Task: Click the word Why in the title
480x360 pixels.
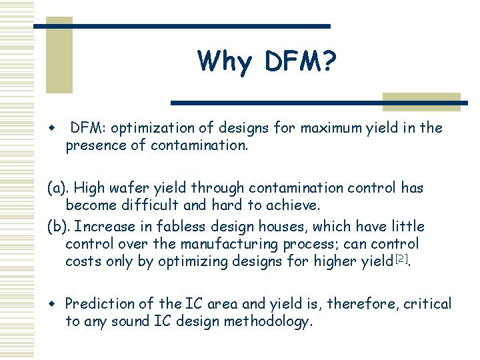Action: (x=225, y=62)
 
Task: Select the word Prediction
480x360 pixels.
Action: (x=97, y=304)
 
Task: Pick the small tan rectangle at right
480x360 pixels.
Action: (x=421, y=101)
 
